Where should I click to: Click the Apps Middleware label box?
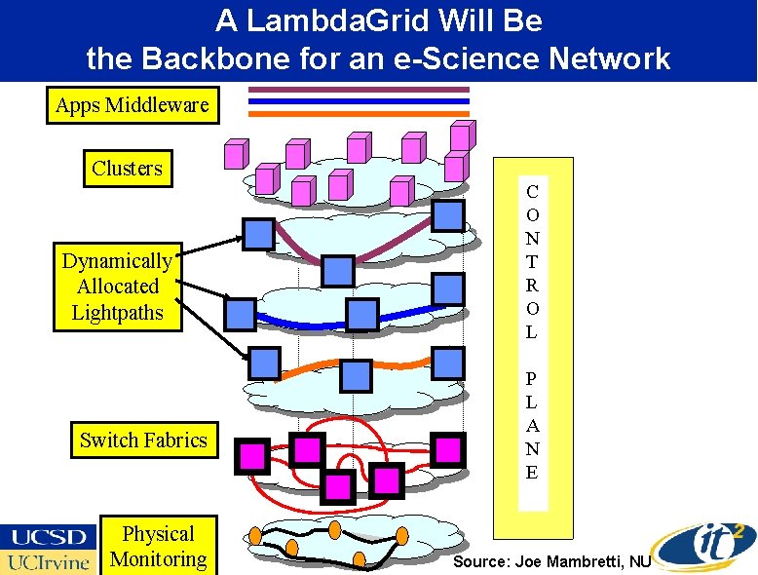point(133,105)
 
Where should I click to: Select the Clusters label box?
point(127,169)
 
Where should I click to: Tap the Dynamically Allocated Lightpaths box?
point(117,287)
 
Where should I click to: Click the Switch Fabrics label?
point(143,441)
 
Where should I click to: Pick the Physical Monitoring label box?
point(158,547)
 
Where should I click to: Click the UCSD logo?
point(49,536)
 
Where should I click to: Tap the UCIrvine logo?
point(49,562)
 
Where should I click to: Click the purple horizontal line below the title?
point(359,90)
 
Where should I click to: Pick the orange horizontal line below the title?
point(359,114)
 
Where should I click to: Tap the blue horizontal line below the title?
point(359,101)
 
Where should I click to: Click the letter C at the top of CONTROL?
point(531,191)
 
